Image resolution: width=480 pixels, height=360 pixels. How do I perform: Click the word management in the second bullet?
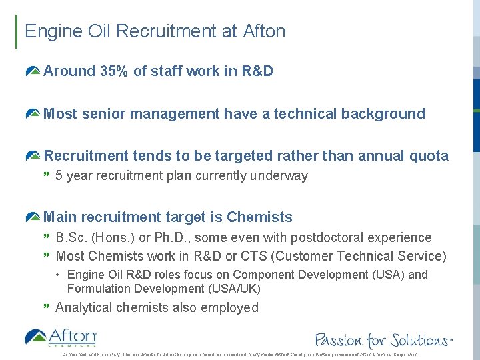click(175, 114)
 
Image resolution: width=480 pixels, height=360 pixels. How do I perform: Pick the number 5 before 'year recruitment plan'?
click(59, 176)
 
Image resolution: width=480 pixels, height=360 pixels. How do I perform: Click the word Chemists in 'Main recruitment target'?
click(259, 217)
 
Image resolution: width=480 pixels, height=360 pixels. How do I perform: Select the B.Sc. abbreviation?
click(72, 237)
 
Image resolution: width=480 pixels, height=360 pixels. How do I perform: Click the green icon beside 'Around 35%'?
click(33, 71)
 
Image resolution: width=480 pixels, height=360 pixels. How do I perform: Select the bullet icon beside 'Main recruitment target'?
click(33, 217)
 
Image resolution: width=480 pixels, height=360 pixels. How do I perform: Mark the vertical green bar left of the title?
click(17, 31)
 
